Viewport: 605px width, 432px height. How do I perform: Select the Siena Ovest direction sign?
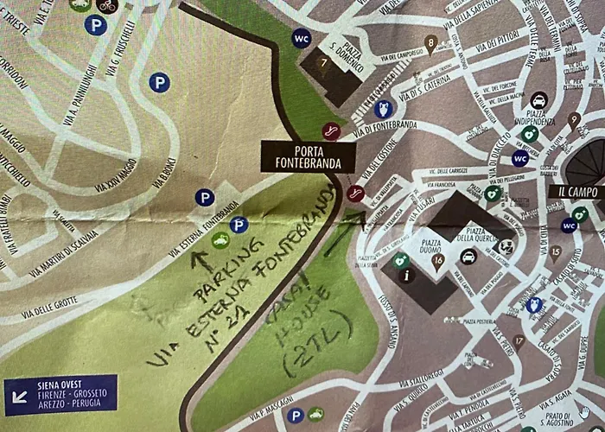point(60,394)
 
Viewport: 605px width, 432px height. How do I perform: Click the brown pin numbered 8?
point(430,41)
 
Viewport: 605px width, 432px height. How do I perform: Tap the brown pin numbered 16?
point(438,258)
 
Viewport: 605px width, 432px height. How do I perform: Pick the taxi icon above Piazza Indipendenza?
point(538,100)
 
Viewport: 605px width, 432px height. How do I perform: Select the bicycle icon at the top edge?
point(106,5)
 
